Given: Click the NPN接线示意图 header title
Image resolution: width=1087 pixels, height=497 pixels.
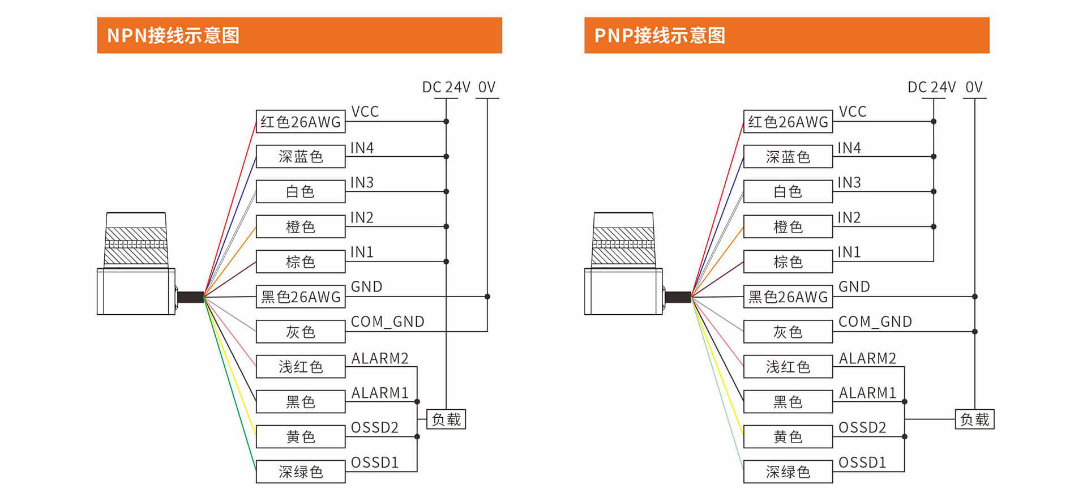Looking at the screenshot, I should (173, 36).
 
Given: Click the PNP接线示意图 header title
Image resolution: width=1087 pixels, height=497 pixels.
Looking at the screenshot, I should (660, 36).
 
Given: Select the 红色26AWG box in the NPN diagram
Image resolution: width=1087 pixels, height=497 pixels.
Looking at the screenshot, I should (301, 122).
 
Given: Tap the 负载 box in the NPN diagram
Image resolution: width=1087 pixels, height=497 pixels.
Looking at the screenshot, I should (446, 419).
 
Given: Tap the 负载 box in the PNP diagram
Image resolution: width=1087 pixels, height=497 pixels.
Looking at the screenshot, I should (974, 419).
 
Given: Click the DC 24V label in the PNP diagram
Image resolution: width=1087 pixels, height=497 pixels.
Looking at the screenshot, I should (931, 87).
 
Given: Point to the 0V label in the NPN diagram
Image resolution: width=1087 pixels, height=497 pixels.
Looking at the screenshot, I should (486, 87).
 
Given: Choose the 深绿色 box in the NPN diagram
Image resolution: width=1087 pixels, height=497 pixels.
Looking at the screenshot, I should (301, 472).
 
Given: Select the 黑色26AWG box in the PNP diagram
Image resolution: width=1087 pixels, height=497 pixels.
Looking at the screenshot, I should (788, 297).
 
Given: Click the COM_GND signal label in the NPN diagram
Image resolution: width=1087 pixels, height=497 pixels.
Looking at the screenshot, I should (387, 322).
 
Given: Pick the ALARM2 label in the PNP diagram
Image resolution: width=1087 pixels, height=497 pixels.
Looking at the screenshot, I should (867, 358).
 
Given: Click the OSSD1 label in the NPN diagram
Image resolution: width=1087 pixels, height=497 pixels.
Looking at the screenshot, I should (374, 462).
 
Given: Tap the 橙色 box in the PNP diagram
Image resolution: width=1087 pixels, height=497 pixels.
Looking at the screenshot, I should (788, 226).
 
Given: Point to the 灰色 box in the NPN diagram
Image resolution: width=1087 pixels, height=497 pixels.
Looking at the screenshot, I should (301, 332).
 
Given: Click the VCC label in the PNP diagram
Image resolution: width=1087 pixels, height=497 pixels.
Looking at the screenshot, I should (852, 112).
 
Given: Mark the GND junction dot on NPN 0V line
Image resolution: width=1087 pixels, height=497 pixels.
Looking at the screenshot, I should (487, 297).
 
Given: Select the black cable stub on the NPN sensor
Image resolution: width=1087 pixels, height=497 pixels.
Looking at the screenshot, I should (190, 297).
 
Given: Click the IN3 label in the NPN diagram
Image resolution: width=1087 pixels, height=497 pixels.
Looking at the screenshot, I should (362, 182).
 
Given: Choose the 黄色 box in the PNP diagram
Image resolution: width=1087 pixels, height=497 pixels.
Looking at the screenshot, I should (788, 436).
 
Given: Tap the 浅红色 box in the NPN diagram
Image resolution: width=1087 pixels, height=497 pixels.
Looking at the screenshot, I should (301, 367).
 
